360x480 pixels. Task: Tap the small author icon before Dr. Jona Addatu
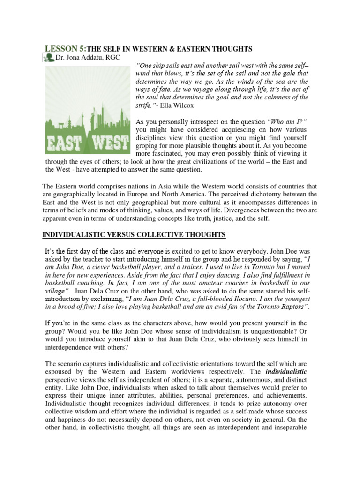48,58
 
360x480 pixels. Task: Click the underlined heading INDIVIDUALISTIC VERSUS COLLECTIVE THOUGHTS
134,234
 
